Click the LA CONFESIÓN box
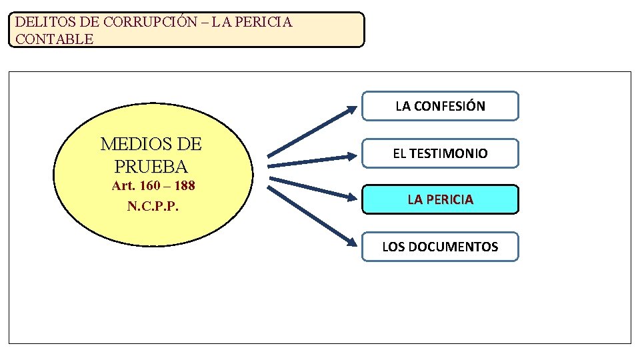pos(440,106)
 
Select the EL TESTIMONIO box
pos(440,153)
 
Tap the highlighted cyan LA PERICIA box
pos(440,199)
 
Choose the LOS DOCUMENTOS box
pos(440,247)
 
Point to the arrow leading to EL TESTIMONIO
pos(311,161)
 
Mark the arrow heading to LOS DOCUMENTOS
pos(311,215)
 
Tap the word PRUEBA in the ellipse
pos(151,166)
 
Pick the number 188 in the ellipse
pos(183,186)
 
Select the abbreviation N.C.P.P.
pos(153,206)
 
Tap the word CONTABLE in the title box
pos(54,39)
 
